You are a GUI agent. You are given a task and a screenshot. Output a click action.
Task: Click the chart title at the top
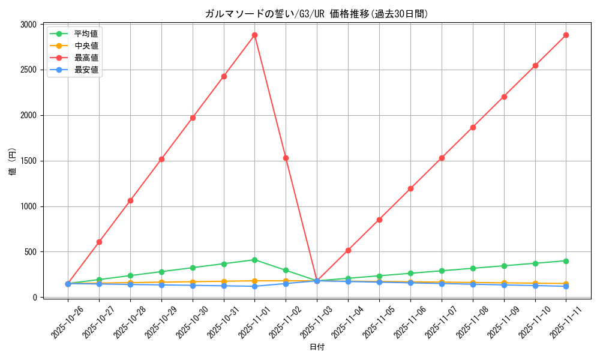[x=317, y=14]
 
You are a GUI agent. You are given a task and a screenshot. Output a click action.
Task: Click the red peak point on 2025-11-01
[x=254, y=35]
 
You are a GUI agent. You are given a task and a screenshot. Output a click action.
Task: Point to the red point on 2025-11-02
[x=286, y=158]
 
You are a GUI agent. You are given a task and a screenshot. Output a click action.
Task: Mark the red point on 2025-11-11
[x=566, y=35]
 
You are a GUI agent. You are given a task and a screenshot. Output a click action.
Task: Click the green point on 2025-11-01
[x=254, y=260]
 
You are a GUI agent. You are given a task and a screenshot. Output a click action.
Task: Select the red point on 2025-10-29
[x=161, y=159]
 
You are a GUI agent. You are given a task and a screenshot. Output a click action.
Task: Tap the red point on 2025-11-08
[x=473, y=127]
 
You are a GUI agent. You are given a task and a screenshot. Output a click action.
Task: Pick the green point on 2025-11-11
[x=566, y=261]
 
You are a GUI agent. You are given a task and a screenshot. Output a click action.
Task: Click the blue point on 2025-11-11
[x=566, y=286]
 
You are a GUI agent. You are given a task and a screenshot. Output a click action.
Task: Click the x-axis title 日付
[x=317, y=347]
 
